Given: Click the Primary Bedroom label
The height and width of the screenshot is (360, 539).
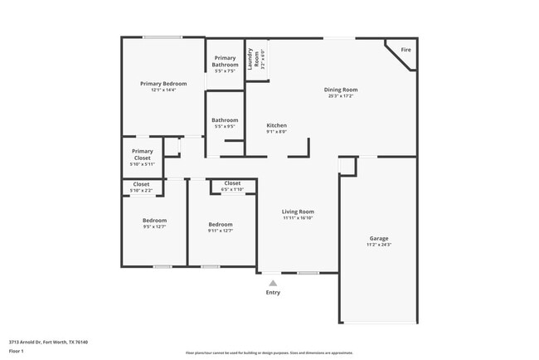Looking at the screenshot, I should (x=163, y=84).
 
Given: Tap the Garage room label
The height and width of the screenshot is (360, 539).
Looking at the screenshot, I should (x=378, y=238).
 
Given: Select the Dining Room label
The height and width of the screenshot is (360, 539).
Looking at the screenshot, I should (x=340, y=90).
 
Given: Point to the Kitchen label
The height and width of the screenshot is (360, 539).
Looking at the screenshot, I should (x=276, y=125).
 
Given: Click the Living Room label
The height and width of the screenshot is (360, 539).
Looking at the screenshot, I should (x=298, y=212).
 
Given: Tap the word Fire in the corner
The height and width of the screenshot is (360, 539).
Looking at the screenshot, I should (x=405, y=50).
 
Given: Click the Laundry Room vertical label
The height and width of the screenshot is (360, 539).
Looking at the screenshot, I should (x=259, y=58).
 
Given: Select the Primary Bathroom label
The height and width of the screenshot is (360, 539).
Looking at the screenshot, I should (x=225, y=61).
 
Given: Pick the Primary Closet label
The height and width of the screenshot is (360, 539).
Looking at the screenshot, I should (x=142, y=154).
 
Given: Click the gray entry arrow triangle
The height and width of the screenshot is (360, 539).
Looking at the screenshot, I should (x=273, y=283).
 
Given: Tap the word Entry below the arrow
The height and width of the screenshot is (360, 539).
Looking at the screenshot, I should (x=273, y=292).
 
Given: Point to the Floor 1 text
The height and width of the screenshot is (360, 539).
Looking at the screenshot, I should (x=17, y=351).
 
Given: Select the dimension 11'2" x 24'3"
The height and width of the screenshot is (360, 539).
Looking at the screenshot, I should (x=378, y=245).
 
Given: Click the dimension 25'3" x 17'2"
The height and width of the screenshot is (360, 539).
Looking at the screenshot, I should (x=340, y=96).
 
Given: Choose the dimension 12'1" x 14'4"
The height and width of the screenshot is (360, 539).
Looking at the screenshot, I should (x=163, y=90).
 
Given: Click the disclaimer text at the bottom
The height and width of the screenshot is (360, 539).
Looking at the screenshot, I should (x=269, y=352).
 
